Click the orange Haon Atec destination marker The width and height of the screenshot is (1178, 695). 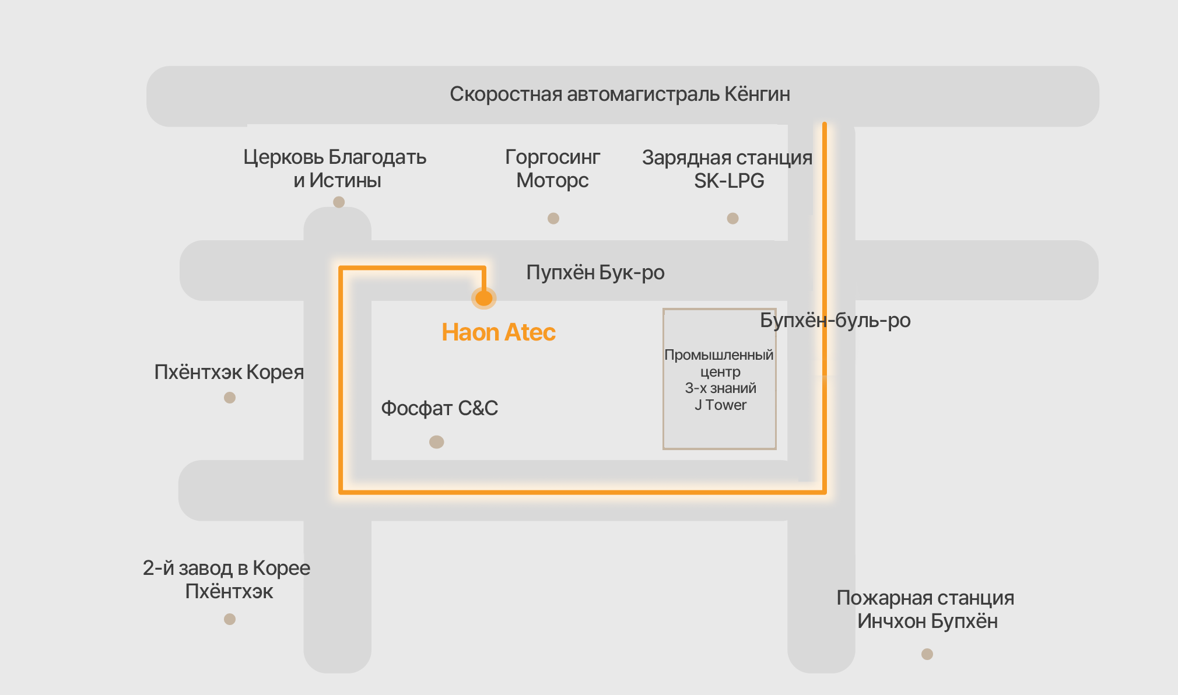point(484,298)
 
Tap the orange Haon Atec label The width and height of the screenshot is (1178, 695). point(499,332)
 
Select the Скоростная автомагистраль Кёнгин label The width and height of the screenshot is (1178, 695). point(620,94)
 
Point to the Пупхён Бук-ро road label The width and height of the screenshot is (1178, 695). point(595,272)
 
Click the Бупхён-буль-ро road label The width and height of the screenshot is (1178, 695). point(835,320)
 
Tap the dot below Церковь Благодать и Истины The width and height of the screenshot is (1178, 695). point(339,202)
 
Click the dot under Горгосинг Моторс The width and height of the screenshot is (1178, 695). point(553,219)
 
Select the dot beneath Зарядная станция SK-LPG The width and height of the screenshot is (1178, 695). point(733,219)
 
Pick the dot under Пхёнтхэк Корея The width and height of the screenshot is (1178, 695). point(230,398)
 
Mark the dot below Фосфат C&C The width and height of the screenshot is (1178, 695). point(437,442)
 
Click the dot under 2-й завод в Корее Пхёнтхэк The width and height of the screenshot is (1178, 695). point(230,619)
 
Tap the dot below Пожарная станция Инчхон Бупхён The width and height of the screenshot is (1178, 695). point(927,654)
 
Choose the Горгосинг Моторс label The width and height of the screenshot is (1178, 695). point(553,169)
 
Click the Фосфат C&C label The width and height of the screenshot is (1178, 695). point(440,408)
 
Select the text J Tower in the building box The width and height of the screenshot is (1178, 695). point(720,405)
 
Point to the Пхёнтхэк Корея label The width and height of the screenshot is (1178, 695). point(229,372)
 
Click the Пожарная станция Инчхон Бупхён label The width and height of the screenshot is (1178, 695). point(926,609)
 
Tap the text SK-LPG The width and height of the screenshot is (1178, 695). point(729,181)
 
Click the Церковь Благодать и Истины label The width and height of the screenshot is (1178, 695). point(335,169)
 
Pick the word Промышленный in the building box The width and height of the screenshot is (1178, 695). point(719,355)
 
